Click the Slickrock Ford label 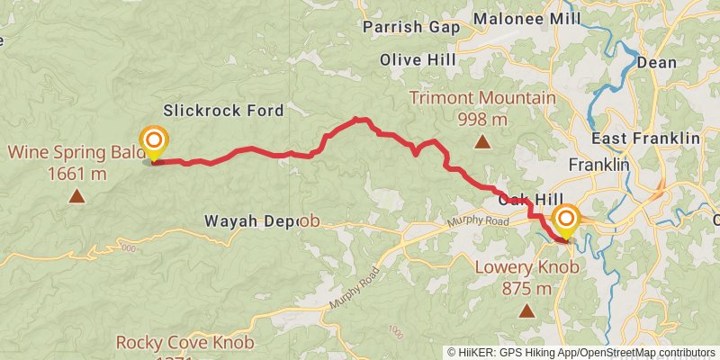223,111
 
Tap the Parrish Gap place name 411,28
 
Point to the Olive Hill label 418,59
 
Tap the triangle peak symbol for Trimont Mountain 483,141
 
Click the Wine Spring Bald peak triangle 76,194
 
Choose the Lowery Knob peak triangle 526,311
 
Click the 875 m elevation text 526,289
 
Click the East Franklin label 645,139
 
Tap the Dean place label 656,62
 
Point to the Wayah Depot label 261,220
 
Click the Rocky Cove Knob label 185,342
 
